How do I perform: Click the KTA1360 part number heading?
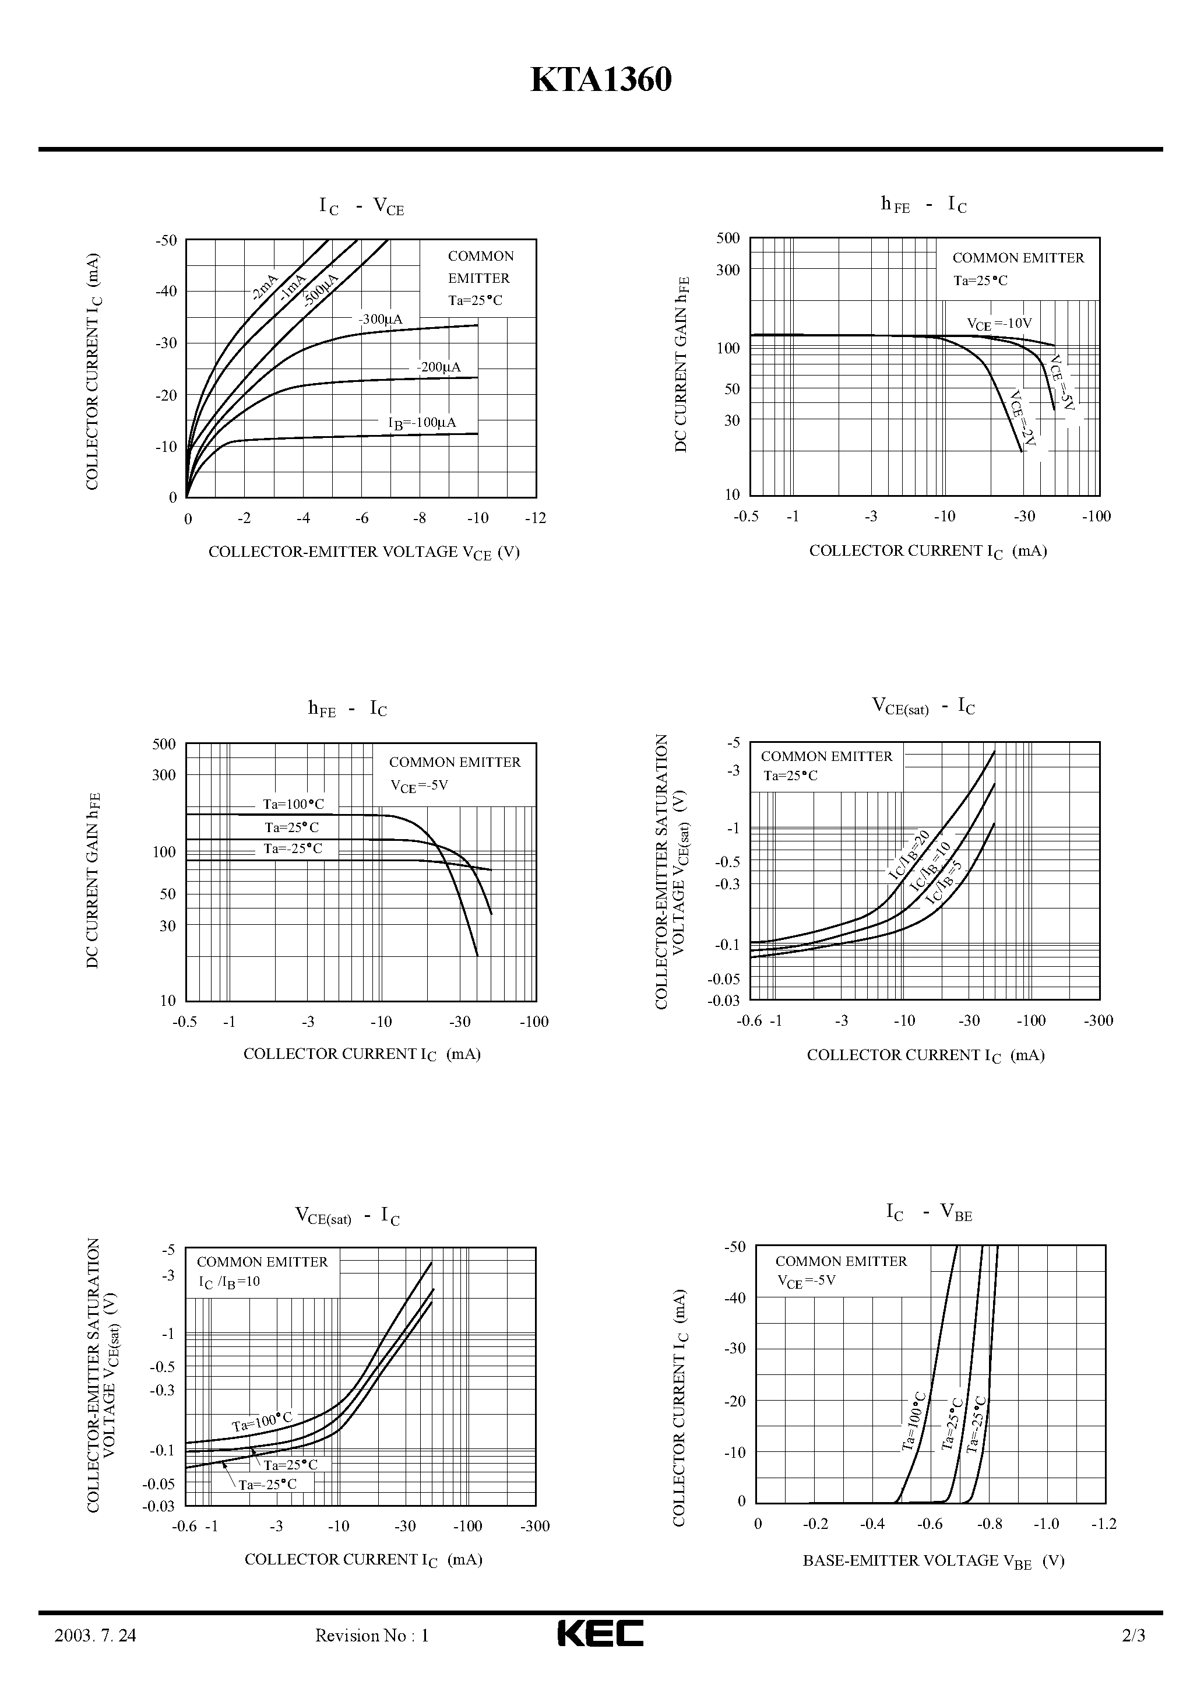(x=601, y=81)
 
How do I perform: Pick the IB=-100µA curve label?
(x=423, y=423)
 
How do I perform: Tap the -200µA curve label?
(x=439, y=367)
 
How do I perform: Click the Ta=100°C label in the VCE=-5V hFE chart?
(x=293, y=804)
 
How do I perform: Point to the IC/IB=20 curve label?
(x=909, y=855)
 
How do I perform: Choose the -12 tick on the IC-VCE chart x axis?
(x=535, y=518)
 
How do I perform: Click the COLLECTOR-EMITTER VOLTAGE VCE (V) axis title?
(x=364, y=552)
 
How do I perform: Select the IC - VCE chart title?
(x=361, y=206)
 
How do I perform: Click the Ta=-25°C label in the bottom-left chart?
(x=267, y=1483)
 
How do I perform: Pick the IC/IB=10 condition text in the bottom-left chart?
(x=228, y=1281)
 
